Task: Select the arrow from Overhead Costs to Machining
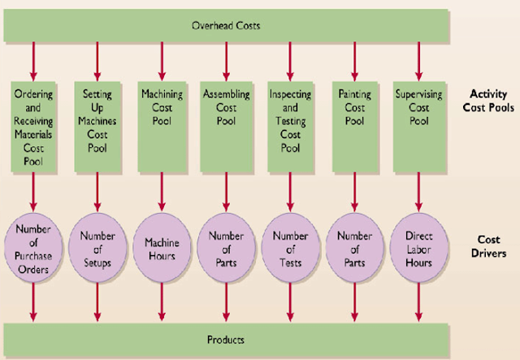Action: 162,59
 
